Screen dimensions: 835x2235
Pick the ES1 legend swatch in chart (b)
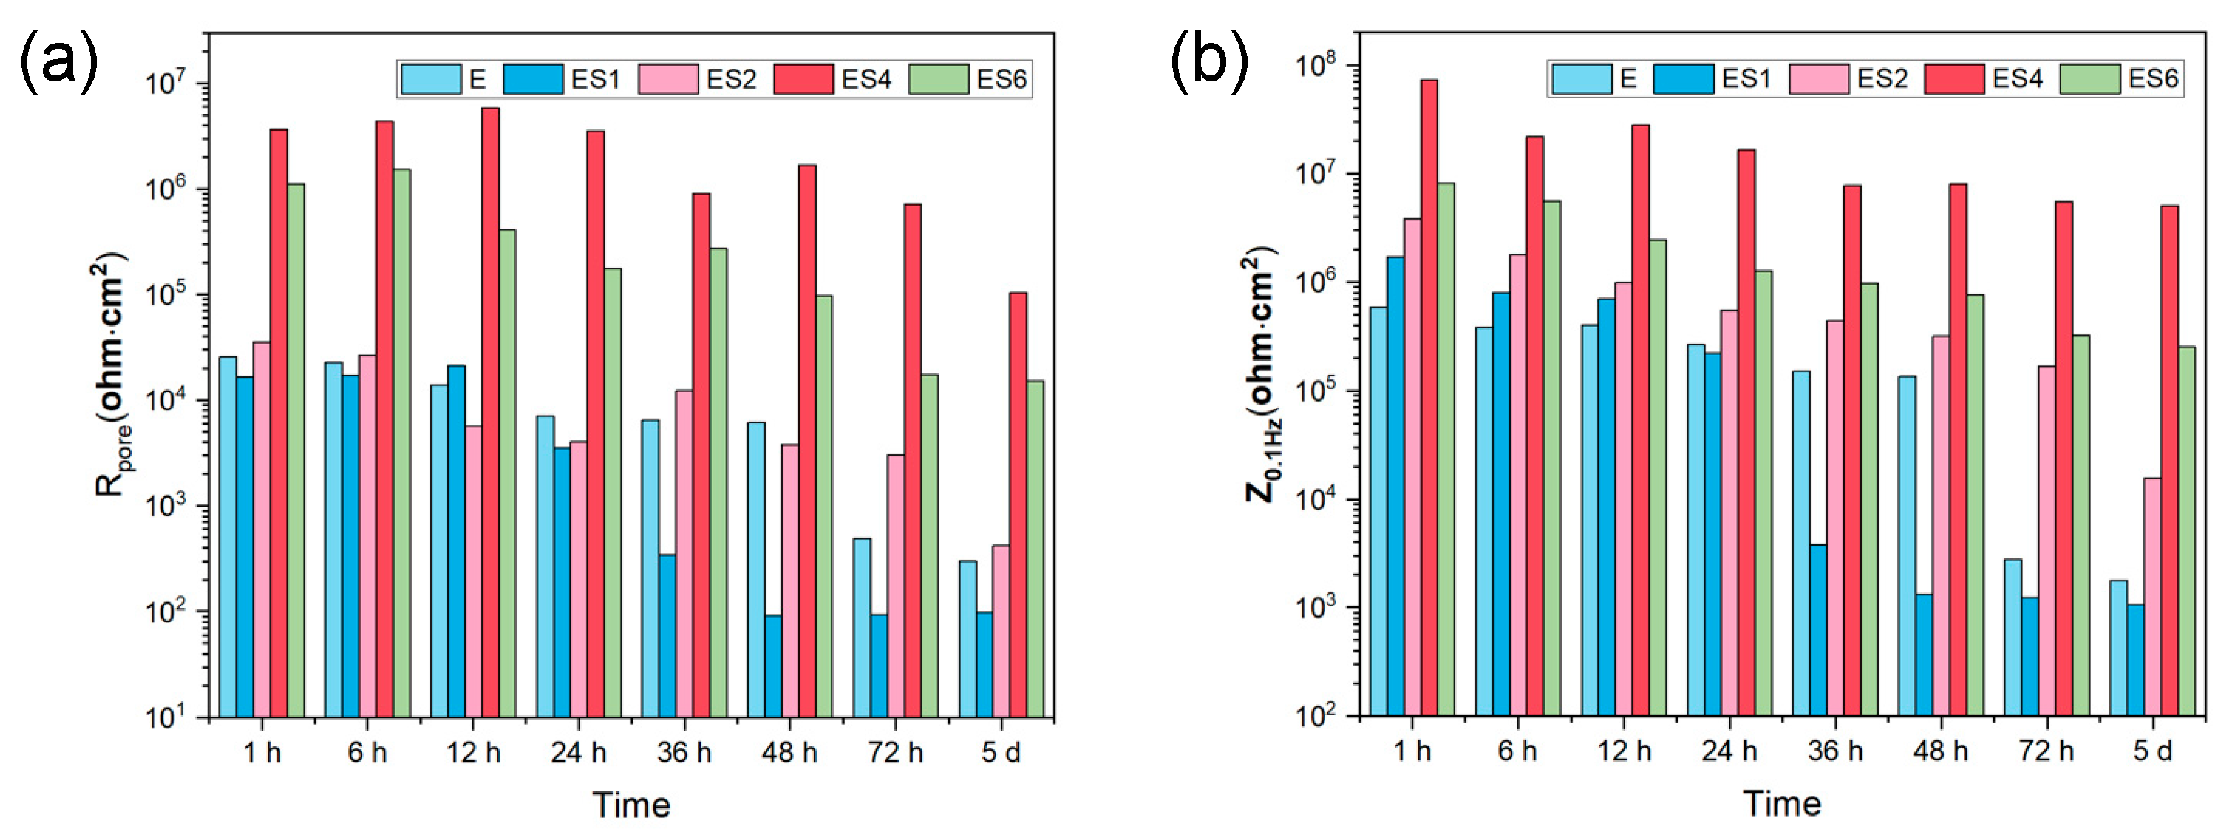tap(1683, 79)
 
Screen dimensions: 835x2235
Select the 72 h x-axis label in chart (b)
tap(2046, 751)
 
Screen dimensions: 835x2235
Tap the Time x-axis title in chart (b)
tap(1782, 804)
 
